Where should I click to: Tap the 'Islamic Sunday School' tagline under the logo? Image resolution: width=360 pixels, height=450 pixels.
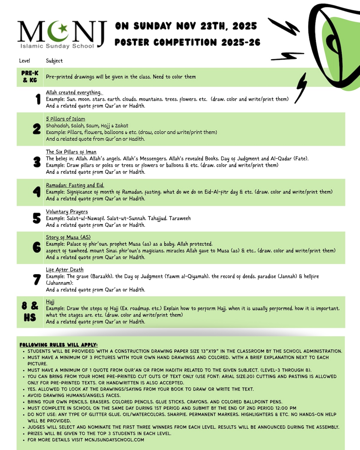57,46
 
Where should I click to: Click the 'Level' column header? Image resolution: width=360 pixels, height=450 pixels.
24,61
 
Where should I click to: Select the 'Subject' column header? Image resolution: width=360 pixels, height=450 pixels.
54,61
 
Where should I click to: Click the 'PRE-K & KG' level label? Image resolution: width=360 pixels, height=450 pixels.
30,77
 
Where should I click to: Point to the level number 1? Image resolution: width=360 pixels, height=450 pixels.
38,99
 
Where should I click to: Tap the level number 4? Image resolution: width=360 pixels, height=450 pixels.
37,192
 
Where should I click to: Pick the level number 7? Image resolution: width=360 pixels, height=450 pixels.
37,280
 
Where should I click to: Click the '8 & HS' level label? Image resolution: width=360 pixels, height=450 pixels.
30,312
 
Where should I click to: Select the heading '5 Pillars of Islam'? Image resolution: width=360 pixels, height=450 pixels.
65,119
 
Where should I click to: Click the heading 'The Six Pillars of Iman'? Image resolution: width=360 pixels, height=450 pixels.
71,152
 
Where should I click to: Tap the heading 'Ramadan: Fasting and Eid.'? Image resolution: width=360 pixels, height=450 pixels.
75,185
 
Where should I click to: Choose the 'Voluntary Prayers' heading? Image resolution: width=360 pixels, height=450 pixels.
67,211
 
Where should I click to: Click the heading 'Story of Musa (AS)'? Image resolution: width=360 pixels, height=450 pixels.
68,237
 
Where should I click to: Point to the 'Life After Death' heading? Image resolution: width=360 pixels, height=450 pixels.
65,270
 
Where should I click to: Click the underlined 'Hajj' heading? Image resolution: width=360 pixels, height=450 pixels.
50,302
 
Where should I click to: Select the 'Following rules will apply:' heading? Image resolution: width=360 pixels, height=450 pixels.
58,345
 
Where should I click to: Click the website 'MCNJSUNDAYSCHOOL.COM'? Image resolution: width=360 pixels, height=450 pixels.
114,440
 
